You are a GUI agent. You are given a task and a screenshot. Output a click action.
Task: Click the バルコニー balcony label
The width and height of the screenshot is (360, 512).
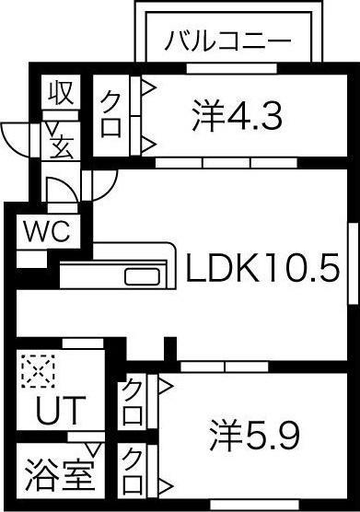pos(228,41)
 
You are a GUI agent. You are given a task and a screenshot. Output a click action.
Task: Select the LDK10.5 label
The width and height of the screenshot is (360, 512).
pos(262,269)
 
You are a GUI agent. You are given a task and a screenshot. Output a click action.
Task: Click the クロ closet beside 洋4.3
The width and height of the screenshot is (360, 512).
pos(111,113)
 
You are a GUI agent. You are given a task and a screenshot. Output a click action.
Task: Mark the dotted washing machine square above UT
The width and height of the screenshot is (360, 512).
pos(38,372)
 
